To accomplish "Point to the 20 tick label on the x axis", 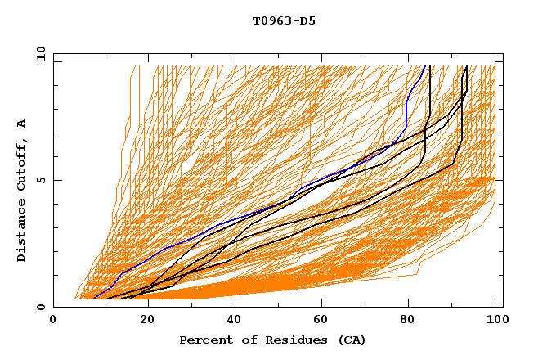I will (142, 322).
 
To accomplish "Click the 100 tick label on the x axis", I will (495, 322).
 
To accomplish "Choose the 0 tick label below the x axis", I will (54, 322).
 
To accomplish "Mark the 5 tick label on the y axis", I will (40, 180).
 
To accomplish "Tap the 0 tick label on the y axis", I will (40, 307).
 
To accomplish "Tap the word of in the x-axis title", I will (239, 340).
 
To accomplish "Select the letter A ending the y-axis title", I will (22, 123).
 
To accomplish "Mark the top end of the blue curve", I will (424, 67).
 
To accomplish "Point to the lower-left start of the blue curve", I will (95, 298).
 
